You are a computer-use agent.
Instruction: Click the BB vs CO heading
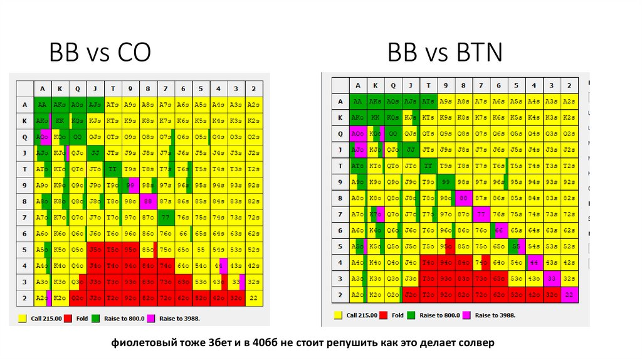100,53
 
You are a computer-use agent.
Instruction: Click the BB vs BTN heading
445,53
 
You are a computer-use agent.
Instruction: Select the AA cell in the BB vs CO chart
42,104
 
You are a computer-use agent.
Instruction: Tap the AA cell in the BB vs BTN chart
357,101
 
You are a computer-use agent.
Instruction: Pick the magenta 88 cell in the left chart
148,202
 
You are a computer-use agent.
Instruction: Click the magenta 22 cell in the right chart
569,295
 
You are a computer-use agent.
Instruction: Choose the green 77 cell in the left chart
166,218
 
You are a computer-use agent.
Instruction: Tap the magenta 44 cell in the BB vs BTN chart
534,263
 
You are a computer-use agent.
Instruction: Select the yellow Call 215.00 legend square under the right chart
338,315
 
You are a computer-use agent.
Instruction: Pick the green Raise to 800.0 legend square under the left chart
95,319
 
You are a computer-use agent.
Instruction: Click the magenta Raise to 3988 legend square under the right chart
466,315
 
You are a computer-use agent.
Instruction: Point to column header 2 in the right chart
569,85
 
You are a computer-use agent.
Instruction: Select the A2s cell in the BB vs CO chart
253,104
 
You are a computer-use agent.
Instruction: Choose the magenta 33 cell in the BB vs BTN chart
551,278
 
